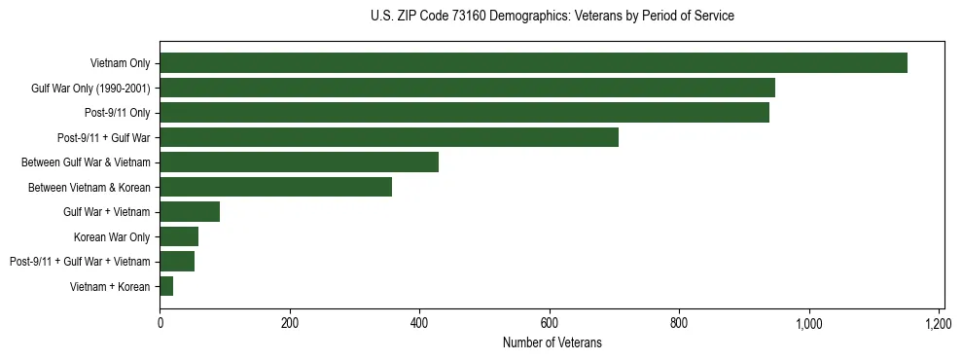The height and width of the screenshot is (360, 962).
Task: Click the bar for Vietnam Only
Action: pyautogui.click(x=533, y=63)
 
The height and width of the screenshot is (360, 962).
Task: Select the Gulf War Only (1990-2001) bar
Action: pyautogui.click(x=467, y=88)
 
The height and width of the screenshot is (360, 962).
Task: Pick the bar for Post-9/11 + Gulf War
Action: pyautogui.click(x=389, y=137)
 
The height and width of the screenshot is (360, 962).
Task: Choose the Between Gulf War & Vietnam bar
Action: pyautogui.click(x=299, y=162)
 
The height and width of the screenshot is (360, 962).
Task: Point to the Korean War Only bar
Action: pyautogui.click(x=179, y=236)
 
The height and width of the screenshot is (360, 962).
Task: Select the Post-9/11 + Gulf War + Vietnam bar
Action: pyautogui.click(x=177, y=262)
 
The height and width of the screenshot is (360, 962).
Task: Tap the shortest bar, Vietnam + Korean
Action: pyautogui.click(x=166, y=286)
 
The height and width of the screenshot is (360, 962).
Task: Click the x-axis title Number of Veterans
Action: pyautogui.click(x=552, y=343)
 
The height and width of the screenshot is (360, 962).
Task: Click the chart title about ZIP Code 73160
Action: pyautogui.click(x=552, y=17)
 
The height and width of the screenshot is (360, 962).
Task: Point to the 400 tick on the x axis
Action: pyautogui.click(x=419, y=323)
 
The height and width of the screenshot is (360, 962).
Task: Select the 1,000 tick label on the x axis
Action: pyautogui.click(x=809, y=323)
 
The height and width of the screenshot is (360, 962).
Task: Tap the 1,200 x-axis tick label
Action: pyautogui.click(x=939, y=323)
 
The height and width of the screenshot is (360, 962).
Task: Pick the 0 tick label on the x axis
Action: pyautogui.click(x=160, y=323)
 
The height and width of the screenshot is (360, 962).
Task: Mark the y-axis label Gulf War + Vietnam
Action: pyautogui.click(x=106, y=212)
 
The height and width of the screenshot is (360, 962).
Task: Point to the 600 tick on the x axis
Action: pyautogui.click(x=550, y=323)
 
